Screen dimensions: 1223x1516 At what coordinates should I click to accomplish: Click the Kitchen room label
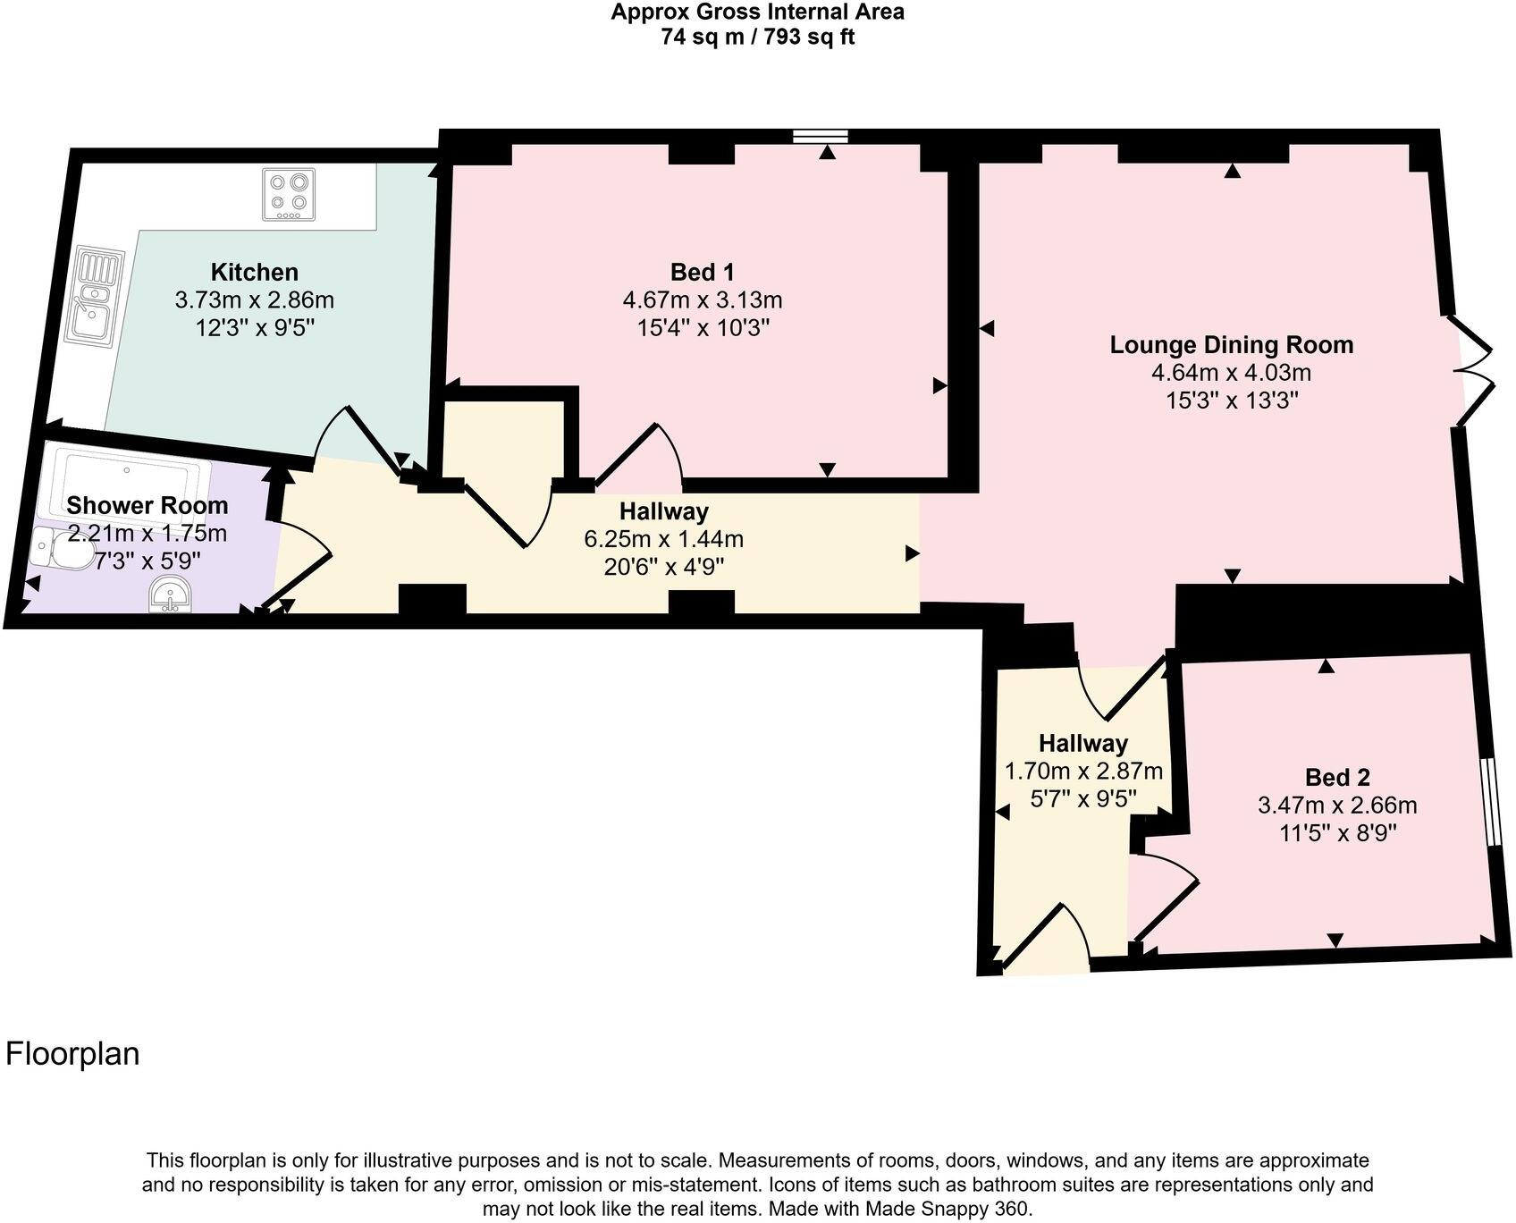pyautogui.click(x=254, y=272)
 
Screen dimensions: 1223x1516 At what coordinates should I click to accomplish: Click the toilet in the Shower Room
pyautogui.click(x=63, y=547)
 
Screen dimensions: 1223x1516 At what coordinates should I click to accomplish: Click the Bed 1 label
pyautogui.click(x=703, y=272)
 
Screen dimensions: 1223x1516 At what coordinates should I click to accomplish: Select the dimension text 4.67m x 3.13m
pyautogui.click(x=703, y=299)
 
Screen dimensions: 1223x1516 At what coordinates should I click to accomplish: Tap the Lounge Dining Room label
pyautogui.click(x=1231, y=344)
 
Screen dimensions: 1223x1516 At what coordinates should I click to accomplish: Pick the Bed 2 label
pyautogui.click(x=1336, y=777)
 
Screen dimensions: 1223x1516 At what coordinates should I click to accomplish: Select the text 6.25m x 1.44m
pyautogui.click(x=663, y=539)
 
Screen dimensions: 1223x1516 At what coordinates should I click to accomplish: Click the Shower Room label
pyautogui.click(x=147, y=505)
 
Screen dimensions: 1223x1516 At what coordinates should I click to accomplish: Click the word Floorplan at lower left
pyautogui.click(x=73, y=1054)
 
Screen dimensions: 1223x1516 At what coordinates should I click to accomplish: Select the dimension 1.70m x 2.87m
pyautogui.click(x=1083, y=771)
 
